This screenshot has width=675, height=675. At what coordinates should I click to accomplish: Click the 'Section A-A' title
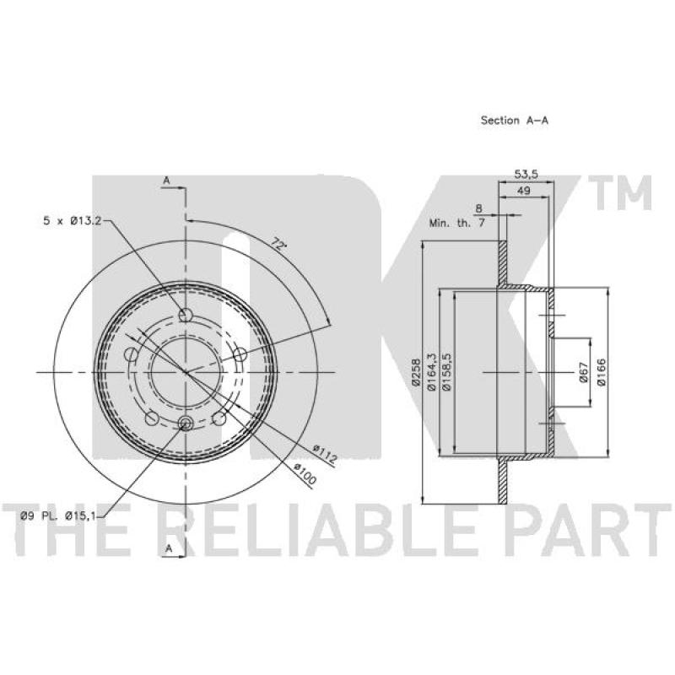515,121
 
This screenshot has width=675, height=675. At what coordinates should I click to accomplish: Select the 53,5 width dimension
526,175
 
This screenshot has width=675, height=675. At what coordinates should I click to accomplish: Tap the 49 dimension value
523,191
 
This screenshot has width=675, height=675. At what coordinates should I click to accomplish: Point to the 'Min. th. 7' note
457,223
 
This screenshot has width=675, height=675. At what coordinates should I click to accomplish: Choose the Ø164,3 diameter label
431,372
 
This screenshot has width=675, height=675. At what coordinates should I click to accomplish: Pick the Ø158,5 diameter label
447,372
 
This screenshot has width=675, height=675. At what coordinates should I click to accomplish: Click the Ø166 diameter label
602,372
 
